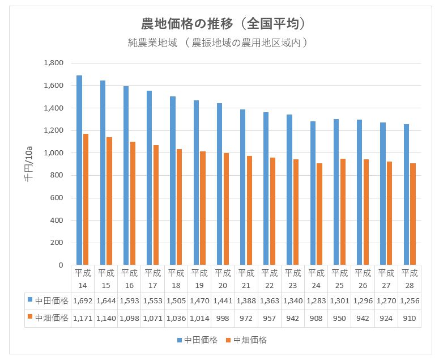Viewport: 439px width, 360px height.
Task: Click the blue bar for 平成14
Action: tap(79, 170)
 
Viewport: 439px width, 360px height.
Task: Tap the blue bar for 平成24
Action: tap(313, 193)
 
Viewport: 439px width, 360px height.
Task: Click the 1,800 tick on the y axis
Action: tap(55, 63)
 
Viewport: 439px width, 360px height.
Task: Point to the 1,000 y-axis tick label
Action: tap(55, 153)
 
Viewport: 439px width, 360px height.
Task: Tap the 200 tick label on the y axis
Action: tap(58, 243)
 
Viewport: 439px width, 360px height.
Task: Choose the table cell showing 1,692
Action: tap(83, 300)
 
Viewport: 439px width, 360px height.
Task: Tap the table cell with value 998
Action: tap(223, 319)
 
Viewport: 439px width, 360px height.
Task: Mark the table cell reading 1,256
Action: tap(410, 300)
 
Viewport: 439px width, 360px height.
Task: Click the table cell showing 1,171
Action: tap(83, 319)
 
